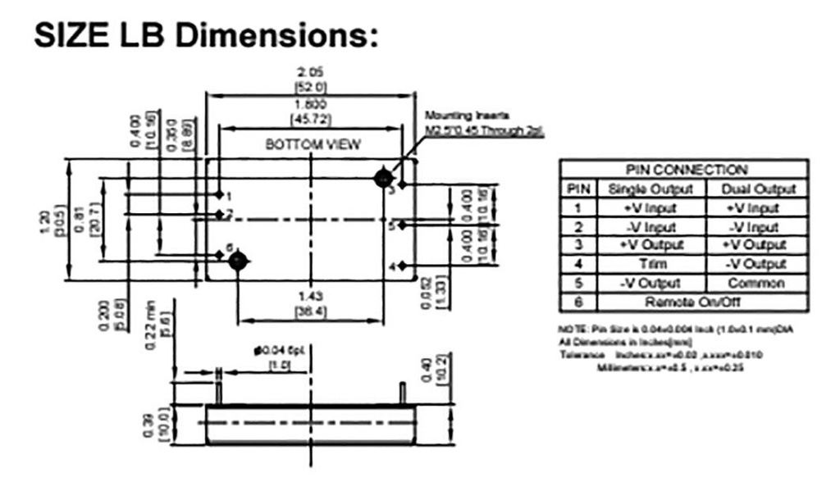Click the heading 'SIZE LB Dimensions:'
pyautogui.click(x=205, y=35)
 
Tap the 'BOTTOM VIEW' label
pyautogui.click(x=313, y=144)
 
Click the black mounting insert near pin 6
pyautogui.click(x=238, y=261)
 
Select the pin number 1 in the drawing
pyautogui.click(x=230, y=196)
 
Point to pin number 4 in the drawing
pyautogui.click(x=392, y=266)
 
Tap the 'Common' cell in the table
pyautogui.click(x=756, y=283)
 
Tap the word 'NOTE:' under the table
pyautogui.click(x=568, y=328)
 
